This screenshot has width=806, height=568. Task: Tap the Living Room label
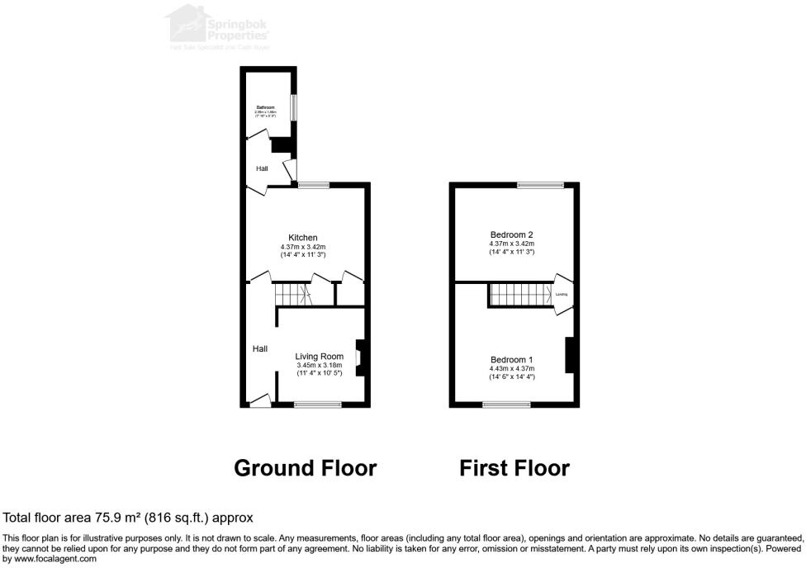(x=319, y=357)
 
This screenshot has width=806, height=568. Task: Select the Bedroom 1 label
(x=511, y=360)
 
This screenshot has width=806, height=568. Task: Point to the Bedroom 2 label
(x=511, y=234)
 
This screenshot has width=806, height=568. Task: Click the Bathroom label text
(x=265, y=107)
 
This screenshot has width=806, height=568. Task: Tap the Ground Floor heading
(x=305, y=468)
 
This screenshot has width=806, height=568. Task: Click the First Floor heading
(x=514, y=468)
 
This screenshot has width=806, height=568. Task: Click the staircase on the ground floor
(x=291, y=293)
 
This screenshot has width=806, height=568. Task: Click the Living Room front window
(x=318, y=405)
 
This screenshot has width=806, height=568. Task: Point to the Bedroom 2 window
(x=541, y=185)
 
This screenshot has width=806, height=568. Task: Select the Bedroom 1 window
(x=506, y=405)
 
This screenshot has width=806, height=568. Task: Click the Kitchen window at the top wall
(x=313, y=185)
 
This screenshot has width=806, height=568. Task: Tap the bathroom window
(x=293, y=107)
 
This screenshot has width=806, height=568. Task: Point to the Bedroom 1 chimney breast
(x=569, y=355)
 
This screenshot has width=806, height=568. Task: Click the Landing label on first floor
(x=562, y=294)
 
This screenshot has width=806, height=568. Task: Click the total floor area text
(x=128, y=518)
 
